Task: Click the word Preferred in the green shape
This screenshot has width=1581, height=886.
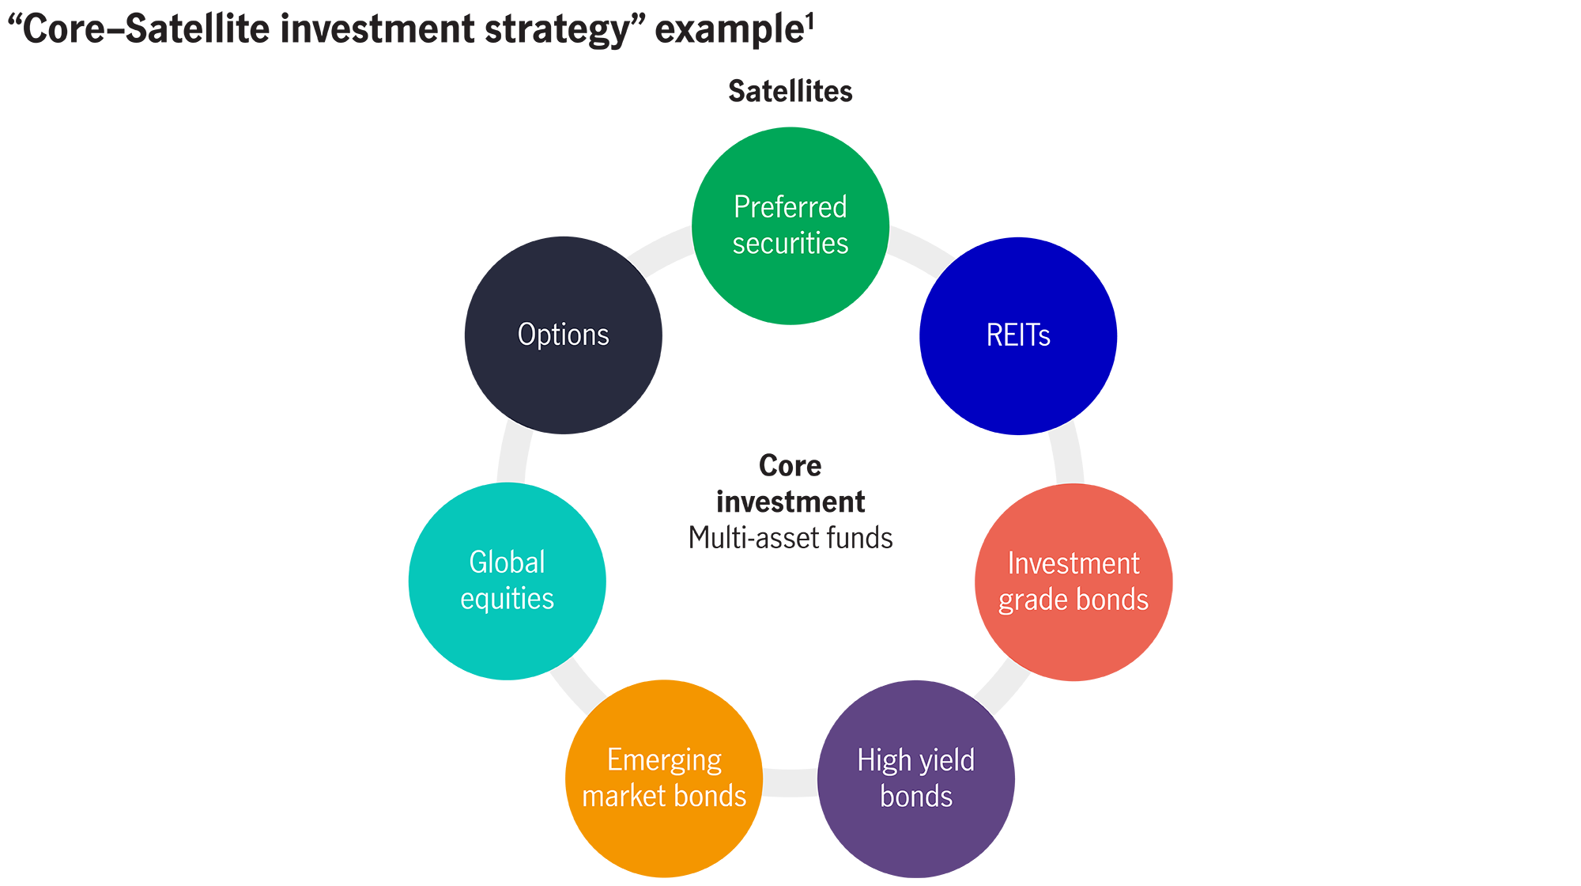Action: pyautogui.click(x=790, y=207)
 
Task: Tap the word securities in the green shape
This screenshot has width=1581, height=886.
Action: pyautogui.click(x=790, y=244)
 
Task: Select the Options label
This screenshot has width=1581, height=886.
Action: pyautogui.click(x=563, y=335)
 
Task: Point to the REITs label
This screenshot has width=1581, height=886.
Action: pyautogui.click(x=1018, y=335)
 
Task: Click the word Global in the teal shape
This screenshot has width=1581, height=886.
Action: pyautogui.click(x=507, y=562)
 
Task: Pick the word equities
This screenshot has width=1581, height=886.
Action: pyautogui.click(x=507, y=599)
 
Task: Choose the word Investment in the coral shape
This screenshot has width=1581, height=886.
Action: pyautogui.click(x=1073, y=564)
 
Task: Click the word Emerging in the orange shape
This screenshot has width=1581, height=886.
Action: pyautogui.click(x=664, y=760)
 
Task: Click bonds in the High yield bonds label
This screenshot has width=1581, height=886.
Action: pyautogui.click(x=916, y=797)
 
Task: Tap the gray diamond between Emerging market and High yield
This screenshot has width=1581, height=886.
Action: pyautogui.click(x=790, y=779)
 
